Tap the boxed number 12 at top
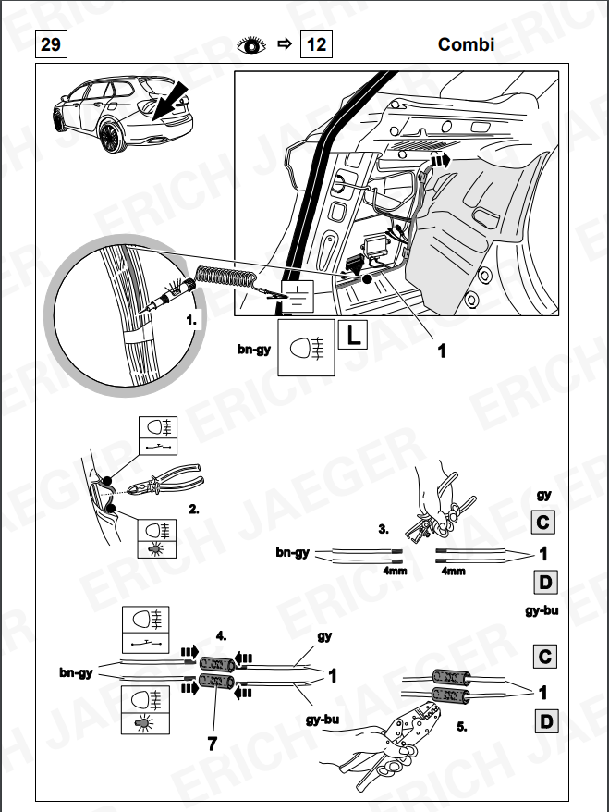click(x=316, y=43)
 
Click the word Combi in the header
click(x=467, y=44)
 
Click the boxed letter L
click(x=352, y=335)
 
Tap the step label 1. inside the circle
click(x=192, y=322)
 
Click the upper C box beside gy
click(x=544, y=522)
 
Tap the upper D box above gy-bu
click(x=544, y=583)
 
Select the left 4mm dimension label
click(x=396, y=571)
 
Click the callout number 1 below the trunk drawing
click(x=441, y=351)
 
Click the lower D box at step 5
click(x=544, y=718)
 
